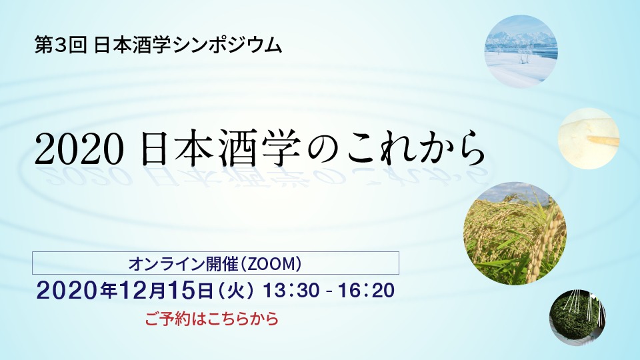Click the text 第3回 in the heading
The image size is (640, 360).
tap(61, 45)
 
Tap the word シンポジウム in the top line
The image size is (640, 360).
tap(227, 45)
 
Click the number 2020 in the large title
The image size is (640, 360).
tap(79, 149)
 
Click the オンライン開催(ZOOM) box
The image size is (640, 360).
tap(215, 263)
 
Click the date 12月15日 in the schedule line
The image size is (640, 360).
tap(166, 291)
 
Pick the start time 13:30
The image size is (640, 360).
tap(291, 291)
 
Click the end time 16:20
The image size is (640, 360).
tap(366, 291)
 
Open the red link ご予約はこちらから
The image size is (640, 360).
tap(212, 319)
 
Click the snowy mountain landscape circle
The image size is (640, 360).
tap(521, 51)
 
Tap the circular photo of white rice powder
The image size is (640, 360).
tap(589, 139)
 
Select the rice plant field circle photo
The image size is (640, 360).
tap(515, 233)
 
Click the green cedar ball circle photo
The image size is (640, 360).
tap(577, 317)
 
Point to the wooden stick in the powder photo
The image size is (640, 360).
tap(603, 140)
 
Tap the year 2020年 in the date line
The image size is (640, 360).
tap(77, 291)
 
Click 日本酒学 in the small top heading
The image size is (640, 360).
tap(132, 45)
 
